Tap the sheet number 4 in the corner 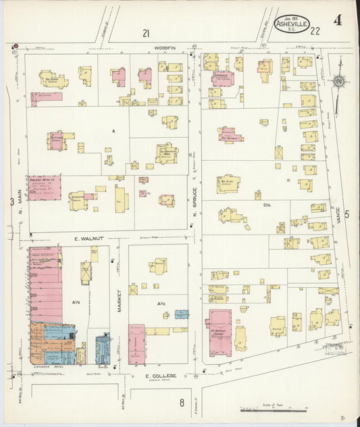[336, 20]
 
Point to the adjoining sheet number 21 [145, 32]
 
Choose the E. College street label [160, 376]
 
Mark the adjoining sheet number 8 [181, 403]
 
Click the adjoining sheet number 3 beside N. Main [11, 201]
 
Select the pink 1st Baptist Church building [220, 332]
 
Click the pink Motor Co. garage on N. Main [44, 188]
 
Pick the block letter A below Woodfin [114, 131]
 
